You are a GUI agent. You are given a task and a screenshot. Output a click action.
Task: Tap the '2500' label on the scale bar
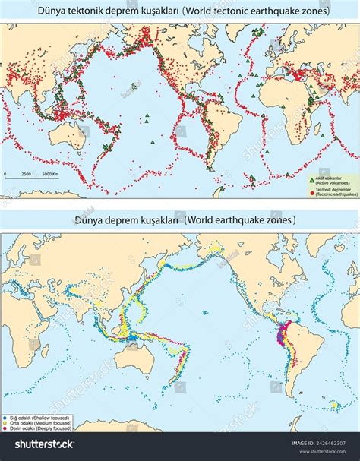[26, 174]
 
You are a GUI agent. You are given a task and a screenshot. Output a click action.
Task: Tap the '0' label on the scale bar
[5, 174]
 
